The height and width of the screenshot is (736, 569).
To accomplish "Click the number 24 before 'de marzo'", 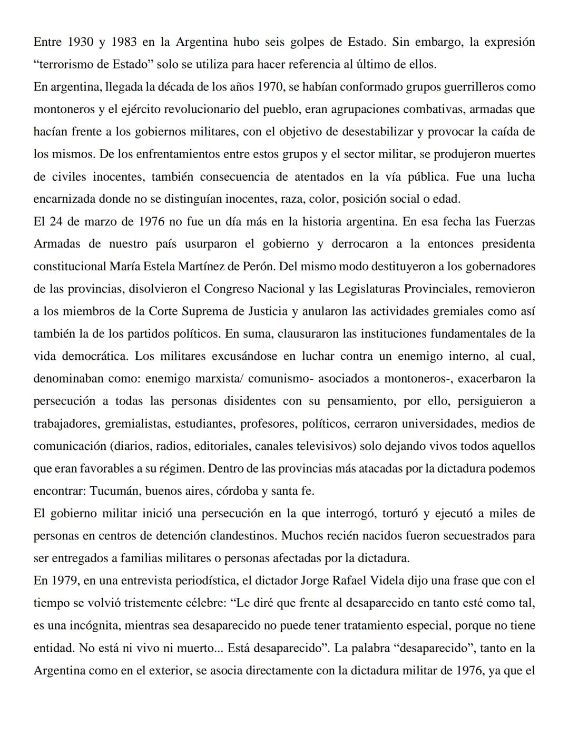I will click(56, 221).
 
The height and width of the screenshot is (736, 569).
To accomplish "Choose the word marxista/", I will click(218, 379).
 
